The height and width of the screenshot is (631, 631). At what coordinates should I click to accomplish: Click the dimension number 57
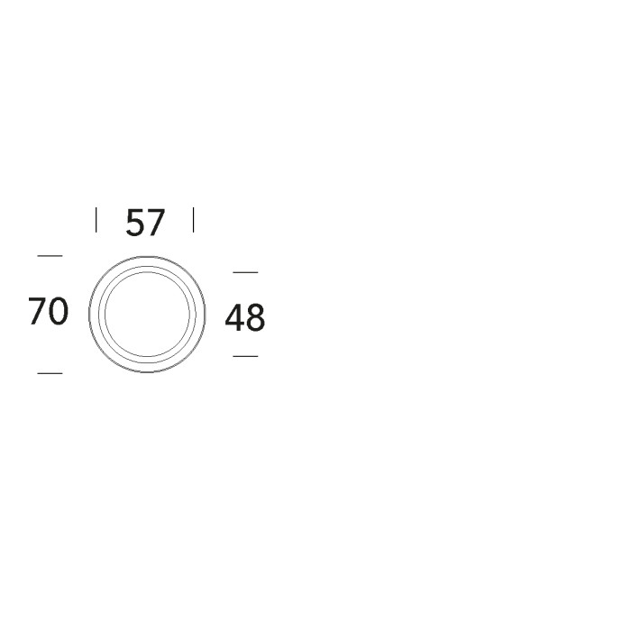[145, 223]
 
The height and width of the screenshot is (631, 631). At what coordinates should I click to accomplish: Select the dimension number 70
[49, 311]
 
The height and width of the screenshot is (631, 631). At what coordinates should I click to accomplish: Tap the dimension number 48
[244, 317]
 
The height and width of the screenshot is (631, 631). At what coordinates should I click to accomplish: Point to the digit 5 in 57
[135, 223]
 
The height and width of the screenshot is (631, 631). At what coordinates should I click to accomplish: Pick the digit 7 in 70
[37, 311]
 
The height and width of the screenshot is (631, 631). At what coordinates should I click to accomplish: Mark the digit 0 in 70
[59, 311]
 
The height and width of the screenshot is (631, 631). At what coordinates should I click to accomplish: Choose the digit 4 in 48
[234, 317]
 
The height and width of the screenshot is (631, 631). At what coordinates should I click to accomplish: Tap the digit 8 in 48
[255, 318]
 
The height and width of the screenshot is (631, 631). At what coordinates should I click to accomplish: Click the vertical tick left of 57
[96, 220]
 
